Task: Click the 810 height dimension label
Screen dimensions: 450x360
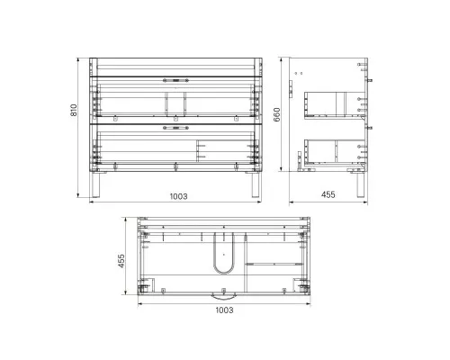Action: pos(74,110)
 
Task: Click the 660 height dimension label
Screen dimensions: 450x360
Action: pos(276,114)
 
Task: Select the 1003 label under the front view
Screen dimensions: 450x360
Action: pos(179,196)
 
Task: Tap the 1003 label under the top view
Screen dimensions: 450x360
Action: pos(224,310)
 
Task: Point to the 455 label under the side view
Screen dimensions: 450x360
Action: pos(328,194)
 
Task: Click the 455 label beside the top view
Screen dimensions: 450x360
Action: pos(121,261)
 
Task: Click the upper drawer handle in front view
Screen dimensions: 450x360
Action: pos(175,80)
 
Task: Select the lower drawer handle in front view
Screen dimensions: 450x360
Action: pos(175,128)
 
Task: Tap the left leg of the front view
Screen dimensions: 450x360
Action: pos(95,184)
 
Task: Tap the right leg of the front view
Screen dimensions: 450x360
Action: pos(256,184)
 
